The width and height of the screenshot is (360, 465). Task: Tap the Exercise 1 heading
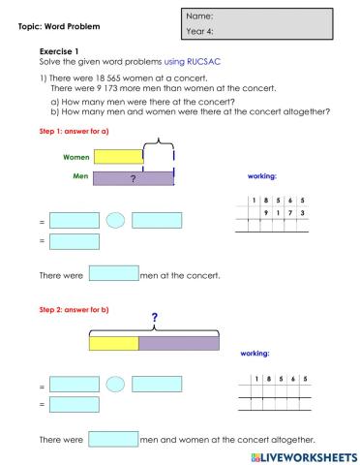(59, 49)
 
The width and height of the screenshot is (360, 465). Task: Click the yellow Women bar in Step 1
(118, 156)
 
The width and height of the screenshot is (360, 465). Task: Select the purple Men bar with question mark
(133, 178)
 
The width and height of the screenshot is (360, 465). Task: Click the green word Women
(76, 156)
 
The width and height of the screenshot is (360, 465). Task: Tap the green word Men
(81, 177)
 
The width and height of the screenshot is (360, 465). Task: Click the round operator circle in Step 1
(115, 220)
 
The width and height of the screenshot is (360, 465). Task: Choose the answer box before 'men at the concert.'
(113, 274)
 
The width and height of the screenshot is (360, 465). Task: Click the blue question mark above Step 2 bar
(154, 318)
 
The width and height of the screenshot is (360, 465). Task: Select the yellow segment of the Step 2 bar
(113, 342)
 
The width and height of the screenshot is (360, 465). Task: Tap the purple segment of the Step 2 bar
(179, 342)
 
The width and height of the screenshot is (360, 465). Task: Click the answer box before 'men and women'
(113, 439)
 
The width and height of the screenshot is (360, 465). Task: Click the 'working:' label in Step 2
(254, 354)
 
